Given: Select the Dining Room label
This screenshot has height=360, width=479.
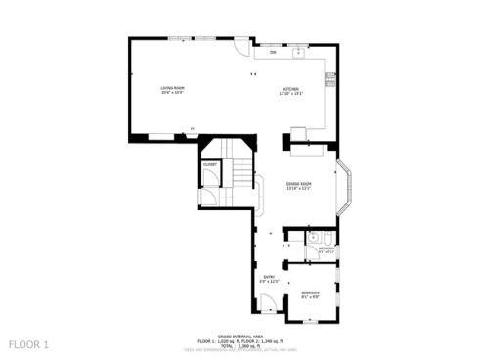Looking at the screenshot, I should (299, 185).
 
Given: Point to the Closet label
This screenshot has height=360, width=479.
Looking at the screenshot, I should (209, 165).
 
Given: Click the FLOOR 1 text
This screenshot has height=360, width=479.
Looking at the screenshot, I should (28, 344).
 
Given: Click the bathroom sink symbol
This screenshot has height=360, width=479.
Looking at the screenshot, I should (312, 238).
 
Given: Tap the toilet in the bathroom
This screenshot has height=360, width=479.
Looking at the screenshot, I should (329, 238).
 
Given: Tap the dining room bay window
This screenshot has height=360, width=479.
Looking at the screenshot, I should (348, 185).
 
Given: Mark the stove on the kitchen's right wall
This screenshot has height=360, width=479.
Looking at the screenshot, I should (330, 78).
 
